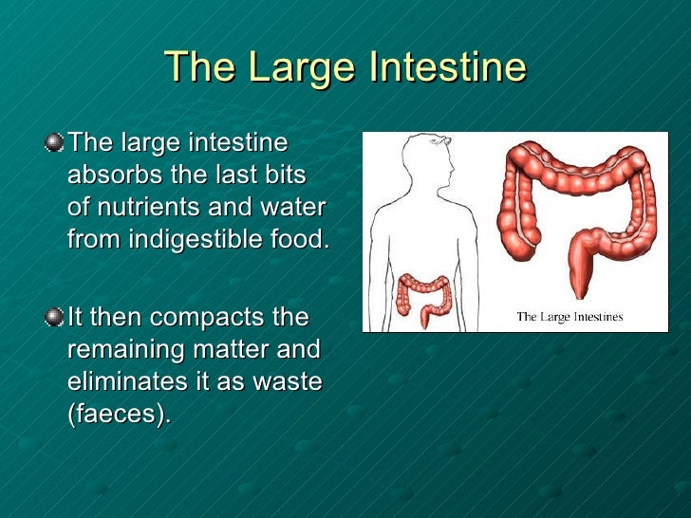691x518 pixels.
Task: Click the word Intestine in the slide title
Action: click(448, 67)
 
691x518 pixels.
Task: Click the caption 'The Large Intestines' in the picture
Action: click(569, 316)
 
